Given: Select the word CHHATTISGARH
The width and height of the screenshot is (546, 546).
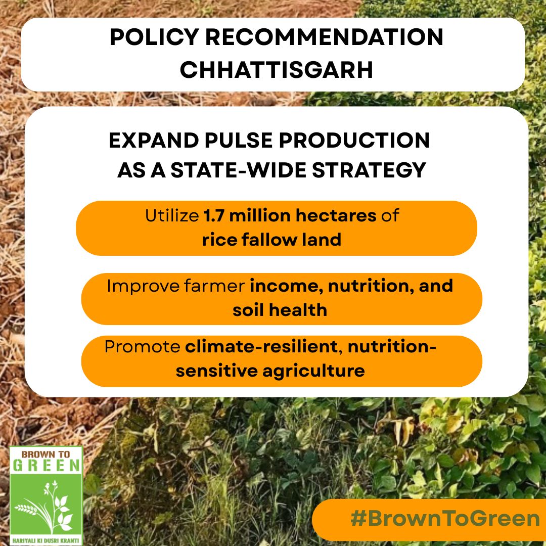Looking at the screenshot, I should coord(277,70).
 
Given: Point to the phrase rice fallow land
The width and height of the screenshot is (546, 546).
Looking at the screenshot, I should coord(271,239).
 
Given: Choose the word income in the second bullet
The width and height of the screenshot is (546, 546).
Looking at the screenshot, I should coord(287,286).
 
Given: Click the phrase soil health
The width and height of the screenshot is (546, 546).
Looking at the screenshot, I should coord(280,309).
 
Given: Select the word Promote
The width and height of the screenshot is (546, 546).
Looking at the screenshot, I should coord(142,347).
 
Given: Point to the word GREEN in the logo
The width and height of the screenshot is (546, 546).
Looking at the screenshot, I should coord(46,466).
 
